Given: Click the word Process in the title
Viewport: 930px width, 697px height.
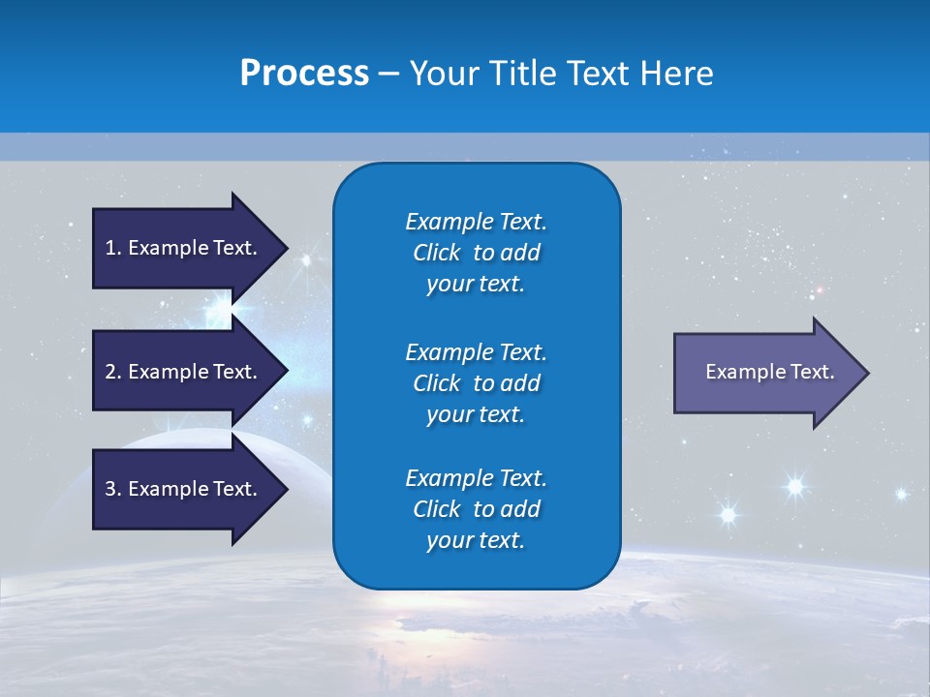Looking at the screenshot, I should click(304, 74).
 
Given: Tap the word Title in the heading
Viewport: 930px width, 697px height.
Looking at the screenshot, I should click(522, 74).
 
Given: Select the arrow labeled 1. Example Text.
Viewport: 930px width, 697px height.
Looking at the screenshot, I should click(184, 248).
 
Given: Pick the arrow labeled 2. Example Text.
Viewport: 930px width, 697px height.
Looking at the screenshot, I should click(184, 372).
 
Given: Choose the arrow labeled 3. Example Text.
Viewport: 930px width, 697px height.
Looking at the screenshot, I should click(184, 489).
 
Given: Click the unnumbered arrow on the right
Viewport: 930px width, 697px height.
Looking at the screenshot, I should click(765, 372).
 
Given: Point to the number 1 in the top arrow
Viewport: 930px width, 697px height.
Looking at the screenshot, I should click(110, 248).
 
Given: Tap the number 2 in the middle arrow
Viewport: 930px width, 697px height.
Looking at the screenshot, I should click(110, 372).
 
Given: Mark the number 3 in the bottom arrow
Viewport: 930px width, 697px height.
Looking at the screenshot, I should click(110, 489).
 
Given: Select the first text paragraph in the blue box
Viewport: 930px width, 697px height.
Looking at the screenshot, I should click(476, 253).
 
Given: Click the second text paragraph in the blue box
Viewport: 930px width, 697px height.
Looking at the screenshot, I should click(476, 383).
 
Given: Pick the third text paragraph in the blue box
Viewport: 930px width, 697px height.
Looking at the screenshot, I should click(476, 509).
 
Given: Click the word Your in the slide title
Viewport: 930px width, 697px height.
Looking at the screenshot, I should click(442, 74).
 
